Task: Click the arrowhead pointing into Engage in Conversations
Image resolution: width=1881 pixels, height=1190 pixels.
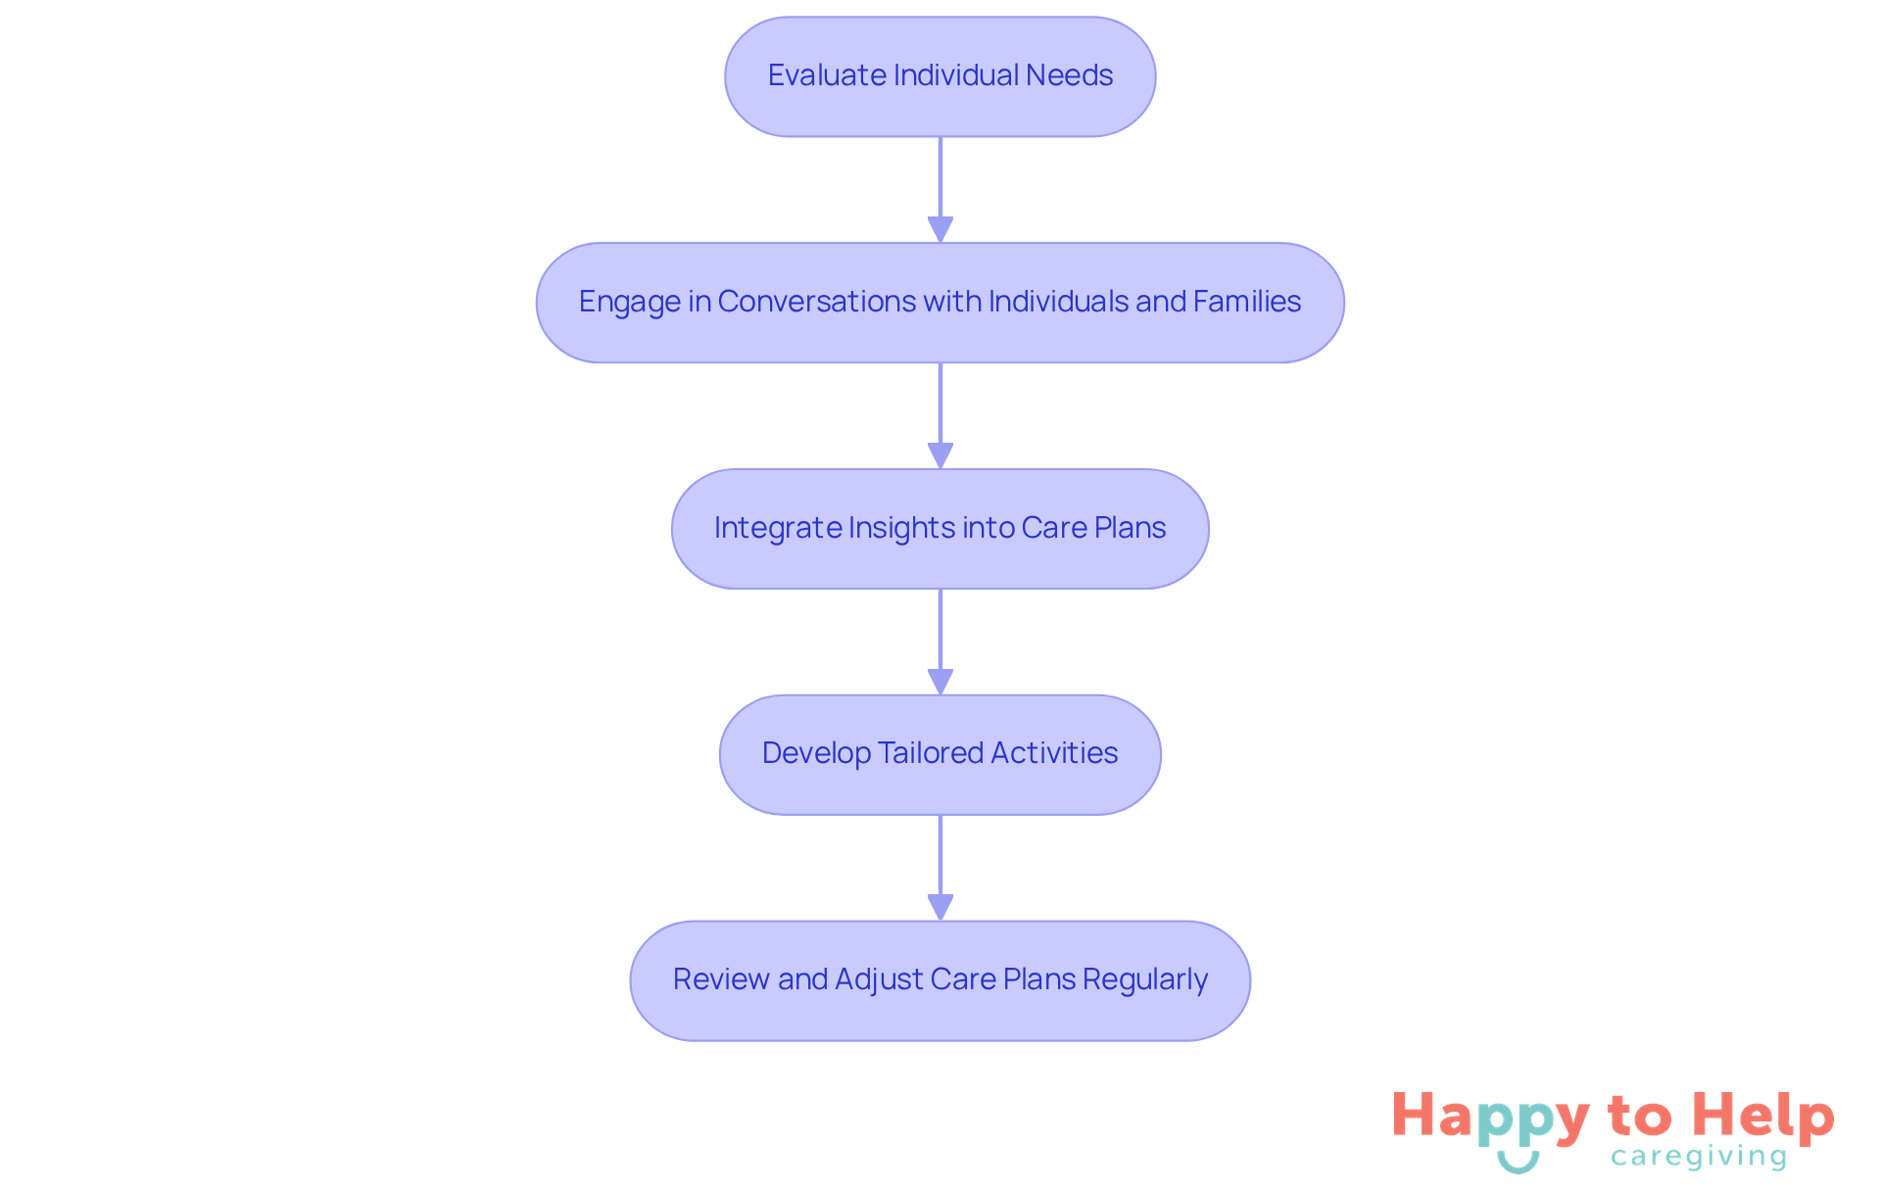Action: click(x=940, y=229)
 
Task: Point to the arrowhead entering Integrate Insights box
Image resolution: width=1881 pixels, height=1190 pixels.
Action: click(x=940, y=455)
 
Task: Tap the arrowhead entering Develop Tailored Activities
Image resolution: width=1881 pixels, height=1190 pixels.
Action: click(x=940, y=682)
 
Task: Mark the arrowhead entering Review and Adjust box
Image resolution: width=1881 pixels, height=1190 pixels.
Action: click(x=940, y=907)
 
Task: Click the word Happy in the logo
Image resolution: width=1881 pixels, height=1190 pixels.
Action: click(x=1490, y=1118)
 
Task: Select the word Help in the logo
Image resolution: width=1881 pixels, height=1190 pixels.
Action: click(x=1762, y=1118)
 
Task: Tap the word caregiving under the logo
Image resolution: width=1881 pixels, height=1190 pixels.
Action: click(x=1699, y=1157)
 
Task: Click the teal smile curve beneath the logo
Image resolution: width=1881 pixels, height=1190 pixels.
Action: click(x=1518, y=1165)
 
